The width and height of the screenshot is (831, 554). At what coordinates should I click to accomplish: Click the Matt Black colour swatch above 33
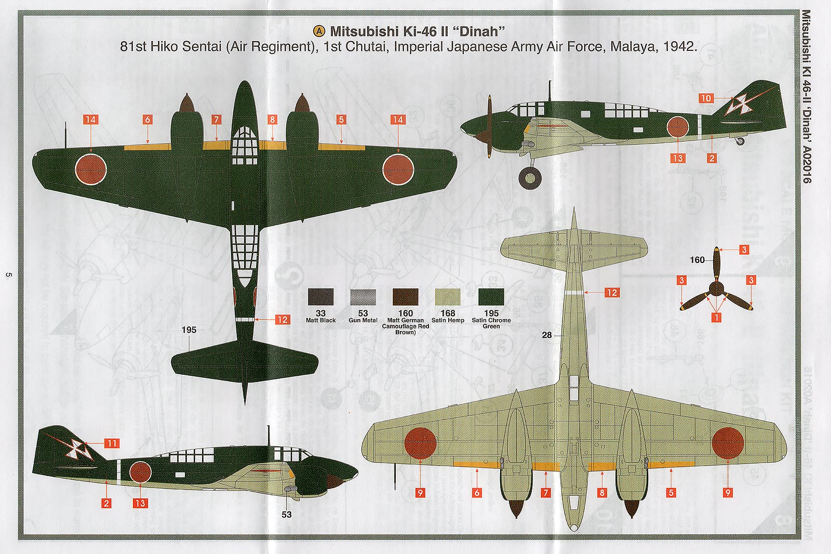[320, 297]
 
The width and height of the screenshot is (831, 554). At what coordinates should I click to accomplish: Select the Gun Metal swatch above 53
[363, 297]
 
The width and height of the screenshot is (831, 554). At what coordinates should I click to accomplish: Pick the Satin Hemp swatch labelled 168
[447, 297]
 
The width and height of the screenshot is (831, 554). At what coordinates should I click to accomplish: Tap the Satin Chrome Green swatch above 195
[491, 297]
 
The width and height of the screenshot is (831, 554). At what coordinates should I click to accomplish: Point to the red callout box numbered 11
[112, 443]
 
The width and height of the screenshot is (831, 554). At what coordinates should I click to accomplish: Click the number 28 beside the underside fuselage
[546, 335]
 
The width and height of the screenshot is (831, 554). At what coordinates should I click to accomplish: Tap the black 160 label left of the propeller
[697, 260]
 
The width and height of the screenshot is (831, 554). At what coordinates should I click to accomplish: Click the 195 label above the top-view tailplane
[189, 329]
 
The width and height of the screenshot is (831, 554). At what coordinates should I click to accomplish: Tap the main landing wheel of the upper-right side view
[530, 177]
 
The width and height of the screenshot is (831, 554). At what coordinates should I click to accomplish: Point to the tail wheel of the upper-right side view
[741, 140]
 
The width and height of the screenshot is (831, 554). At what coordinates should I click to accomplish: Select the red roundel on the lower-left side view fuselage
[140, 472]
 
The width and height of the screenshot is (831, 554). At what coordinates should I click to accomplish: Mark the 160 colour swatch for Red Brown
[405, 297]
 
